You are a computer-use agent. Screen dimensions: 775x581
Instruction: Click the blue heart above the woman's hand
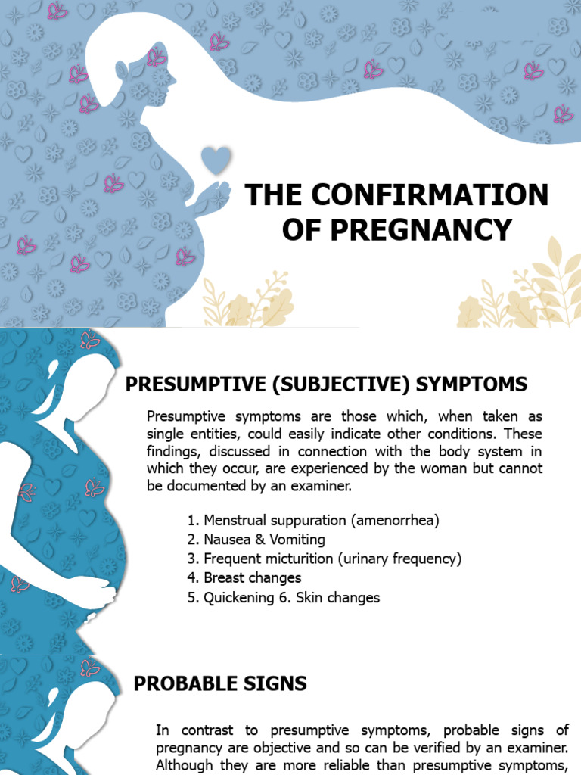[216, 160]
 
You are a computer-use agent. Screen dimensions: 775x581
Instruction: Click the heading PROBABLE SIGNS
[220, 683]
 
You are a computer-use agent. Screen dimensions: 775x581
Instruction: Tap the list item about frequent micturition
[325, 559]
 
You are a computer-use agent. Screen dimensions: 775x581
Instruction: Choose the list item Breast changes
[244, 578]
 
